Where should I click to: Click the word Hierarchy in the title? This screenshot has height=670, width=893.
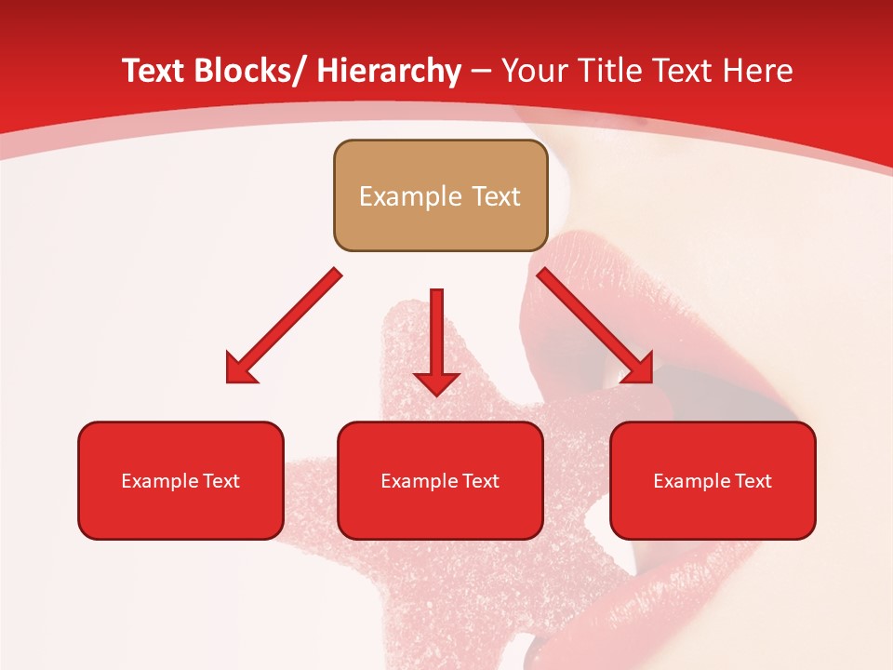(389, 71)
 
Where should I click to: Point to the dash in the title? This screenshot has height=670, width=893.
(481, 73)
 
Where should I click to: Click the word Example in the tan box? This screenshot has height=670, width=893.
(410, 196)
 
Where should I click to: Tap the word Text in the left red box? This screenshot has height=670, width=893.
(222, 481)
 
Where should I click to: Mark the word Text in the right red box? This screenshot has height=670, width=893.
(754, 481)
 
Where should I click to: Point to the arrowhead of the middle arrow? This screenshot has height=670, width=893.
(436, 382)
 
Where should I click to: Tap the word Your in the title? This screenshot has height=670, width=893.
(534, 71)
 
